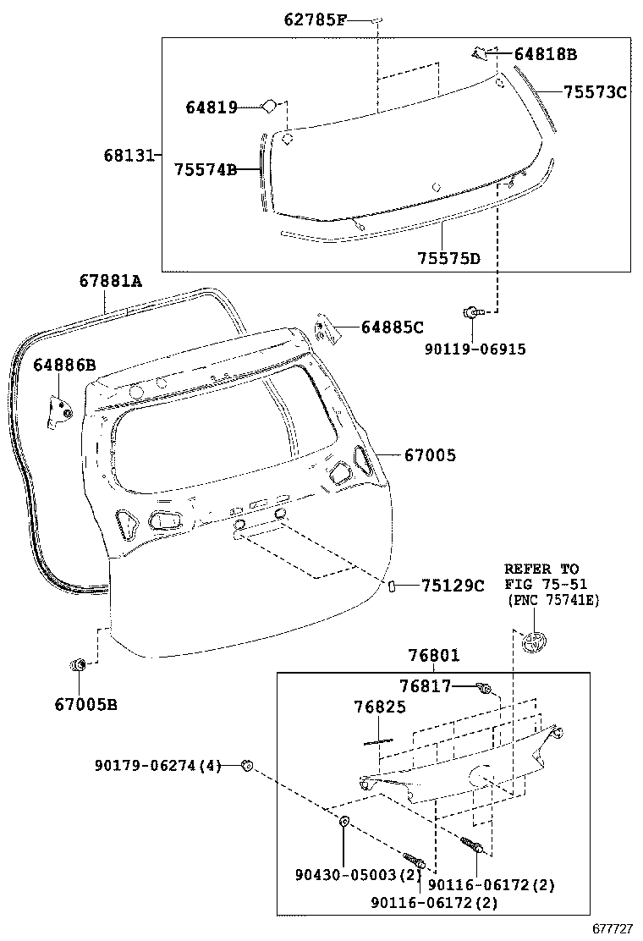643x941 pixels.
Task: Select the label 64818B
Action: click(546, 55)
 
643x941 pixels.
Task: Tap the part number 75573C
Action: click(595, 92)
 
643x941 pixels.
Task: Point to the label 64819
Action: click(211, 107)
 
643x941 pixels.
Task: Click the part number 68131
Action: click(129, 156)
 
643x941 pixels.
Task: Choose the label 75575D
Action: click(448, 257)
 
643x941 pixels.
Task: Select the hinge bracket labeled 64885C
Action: click(325, 328)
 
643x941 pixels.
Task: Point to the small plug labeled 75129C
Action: click(395, 586)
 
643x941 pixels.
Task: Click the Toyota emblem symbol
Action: click(535, 641)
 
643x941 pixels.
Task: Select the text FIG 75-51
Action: click(545, 584)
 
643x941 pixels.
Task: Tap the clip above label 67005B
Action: click(78, 664)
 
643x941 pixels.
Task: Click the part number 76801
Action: click(434, 655)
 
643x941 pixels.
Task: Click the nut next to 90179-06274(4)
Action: click(246, 766)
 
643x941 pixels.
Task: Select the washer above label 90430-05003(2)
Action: click(345, 822)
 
